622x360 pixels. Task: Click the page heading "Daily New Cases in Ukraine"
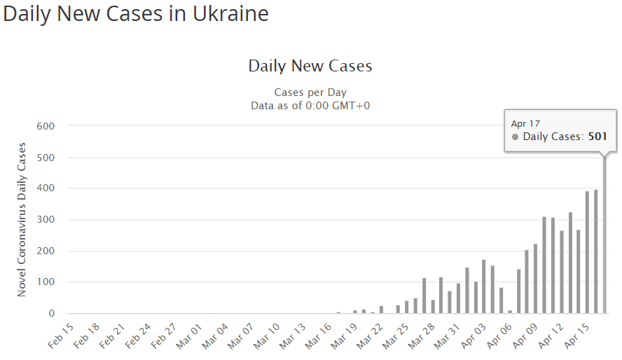pyautogui.click(x=136, y=14)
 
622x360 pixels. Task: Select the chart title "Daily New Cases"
pyautogui.click(x=310, y=67)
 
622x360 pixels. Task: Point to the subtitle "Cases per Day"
pyautogui.click(x=310, y=92)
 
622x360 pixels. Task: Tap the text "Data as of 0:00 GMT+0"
pyautogui.click(x=310, y=106)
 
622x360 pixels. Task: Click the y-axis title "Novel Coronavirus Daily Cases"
pyautogui.click(x=22, y=219)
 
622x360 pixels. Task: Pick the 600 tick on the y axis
pyautogui.click(x=46, y=126)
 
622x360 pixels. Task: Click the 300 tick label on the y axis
pyautogui.click(x=46, y=220)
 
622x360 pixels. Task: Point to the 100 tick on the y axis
pyautogui.click(x=46, y=282)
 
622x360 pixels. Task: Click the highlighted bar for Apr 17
pyautogui.click(x=604, y=238)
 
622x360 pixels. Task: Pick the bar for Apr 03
pyautogui.click(x=484, y=287)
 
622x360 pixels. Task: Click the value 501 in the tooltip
pyautogui.click(x=597, y=137)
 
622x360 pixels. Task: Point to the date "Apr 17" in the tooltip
pyautogui.click(x=525, y=123)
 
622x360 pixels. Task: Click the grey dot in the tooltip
pyautogui.click(x=516, y=137)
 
